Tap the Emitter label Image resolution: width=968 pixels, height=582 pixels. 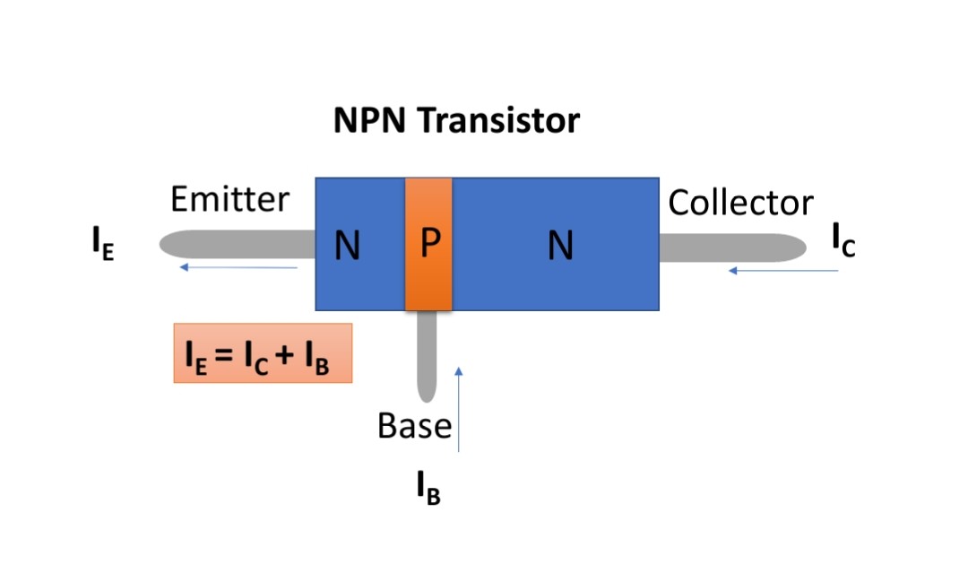tap(230, 199)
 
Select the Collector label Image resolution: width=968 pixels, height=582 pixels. tap(740, 203)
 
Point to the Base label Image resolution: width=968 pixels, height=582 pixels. tap(414, 425)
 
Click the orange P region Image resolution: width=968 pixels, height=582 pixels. tap(428, 278)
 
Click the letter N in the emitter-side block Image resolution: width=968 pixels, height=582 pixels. tap(348, 246)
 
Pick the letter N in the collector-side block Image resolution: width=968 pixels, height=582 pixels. tap(560, 246)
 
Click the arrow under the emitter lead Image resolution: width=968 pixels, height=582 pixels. tap(238, 267)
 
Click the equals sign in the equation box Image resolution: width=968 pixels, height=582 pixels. tap(223, 354)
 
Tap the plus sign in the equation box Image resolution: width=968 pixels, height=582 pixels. tap(286, 354)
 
